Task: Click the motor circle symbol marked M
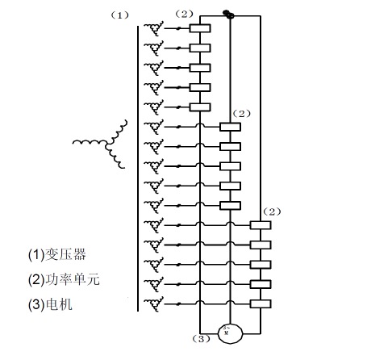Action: coord(230,333)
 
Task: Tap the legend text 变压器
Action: coord(65,254)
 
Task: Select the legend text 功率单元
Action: coord(73,279)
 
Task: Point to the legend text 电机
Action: coord(59,304)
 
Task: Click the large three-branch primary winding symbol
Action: coord(107,144)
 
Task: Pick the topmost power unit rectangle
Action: coord(200,28)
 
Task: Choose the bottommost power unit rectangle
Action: coord(261,303)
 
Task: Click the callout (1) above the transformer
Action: coord(120,15)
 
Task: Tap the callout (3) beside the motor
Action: coord(202,339)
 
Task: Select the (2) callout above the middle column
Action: coord(241,114)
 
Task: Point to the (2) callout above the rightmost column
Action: coord(272,212)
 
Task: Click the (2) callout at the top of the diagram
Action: coord(184,14)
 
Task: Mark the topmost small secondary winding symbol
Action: coord(154,28)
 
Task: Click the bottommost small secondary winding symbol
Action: coord(154,303)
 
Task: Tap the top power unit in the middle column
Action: coord(230,127)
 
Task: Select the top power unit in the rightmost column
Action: coord(261,225)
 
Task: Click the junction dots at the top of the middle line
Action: coord(228,15)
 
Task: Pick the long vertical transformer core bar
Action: coord(138,169)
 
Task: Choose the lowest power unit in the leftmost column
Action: coord(200,107)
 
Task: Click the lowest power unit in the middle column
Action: coord(230,206)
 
